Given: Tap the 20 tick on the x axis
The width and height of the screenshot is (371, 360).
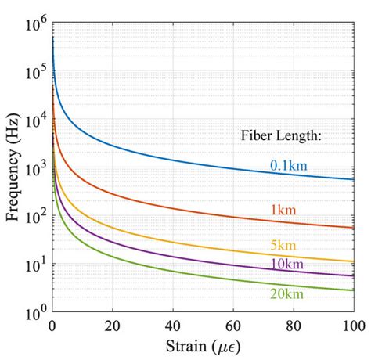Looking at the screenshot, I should (112, 325).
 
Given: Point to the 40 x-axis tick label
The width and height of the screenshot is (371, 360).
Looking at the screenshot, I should (172, 325).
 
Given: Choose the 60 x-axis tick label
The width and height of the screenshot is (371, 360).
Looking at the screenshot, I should (232, 325).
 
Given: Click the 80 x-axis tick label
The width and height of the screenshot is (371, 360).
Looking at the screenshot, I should (293, 325).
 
